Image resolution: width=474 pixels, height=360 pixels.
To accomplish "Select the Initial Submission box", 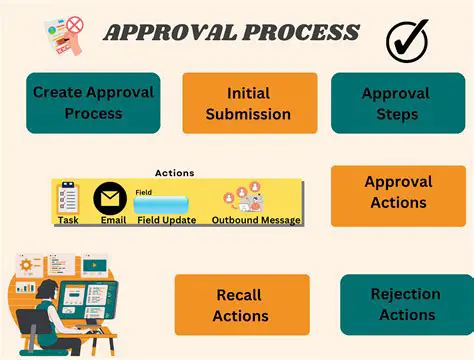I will pos(249,103).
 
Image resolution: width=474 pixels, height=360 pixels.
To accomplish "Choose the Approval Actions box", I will pos(397,192).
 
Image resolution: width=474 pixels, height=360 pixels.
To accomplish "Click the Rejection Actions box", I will pos(404,304).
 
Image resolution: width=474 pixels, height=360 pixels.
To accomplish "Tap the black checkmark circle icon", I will pos(407,39).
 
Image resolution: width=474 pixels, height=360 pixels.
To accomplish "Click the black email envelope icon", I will pos(108,198).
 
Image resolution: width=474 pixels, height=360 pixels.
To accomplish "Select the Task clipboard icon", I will pos(68,196).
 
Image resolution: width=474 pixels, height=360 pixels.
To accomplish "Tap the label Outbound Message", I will pos(256,220).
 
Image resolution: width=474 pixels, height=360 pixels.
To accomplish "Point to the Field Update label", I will pos(166,220).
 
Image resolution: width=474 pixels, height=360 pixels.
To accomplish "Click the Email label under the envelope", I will pos(113,220).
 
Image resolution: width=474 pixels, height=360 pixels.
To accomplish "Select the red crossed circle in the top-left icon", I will pos(73,22).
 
